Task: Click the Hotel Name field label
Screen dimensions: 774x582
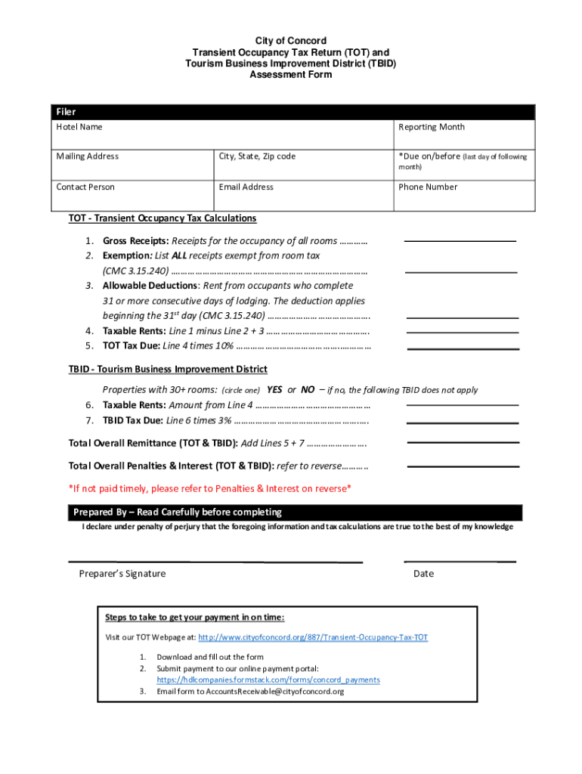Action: coord(79,127)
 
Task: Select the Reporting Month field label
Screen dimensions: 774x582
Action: coord(432,127)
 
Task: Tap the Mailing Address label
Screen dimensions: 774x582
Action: coord(87,156)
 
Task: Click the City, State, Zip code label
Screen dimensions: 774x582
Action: coord(257,156)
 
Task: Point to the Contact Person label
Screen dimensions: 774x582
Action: coord(85,187)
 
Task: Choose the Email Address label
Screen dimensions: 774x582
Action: coord(246,187)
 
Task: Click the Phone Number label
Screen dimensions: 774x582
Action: coord(428,187)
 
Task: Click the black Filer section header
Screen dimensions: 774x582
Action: coord(294,112)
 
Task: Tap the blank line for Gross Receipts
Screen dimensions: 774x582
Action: coord(460,240)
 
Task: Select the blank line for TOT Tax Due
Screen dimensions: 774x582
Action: coord(463,348)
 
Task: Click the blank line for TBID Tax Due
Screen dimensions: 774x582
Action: coord(463,422)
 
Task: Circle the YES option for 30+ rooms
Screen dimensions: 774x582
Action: coord(274,390)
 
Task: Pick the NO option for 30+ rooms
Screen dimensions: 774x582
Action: coord(308,390)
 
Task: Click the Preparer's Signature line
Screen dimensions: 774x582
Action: coord(215,561)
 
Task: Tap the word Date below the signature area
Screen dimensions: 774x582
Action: coord(423,574)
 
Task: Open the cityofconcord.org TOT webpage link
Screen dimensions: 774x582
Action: coord(313,637)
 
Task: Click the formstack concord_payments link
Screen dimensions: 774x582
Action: coord(268,680)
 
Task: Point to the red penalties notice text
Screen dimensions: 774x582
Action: coord(209,488)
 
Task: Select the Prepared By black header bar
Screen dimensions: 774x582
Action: coord(294,512)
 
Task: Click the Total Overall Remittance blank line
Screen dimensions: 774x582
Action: coord(463,441)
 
